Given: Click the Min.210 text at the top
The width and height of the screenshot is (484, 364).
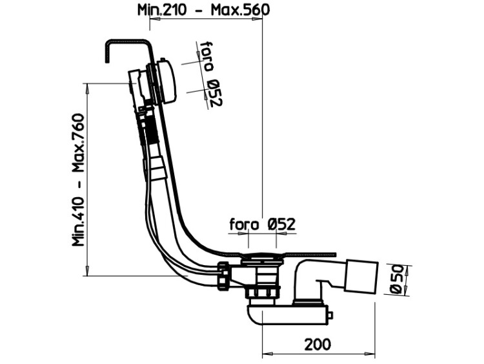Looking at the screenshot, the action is point(162,10).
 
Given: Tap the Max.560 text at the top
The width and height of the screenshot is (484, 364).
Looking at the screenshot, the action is point(240,10).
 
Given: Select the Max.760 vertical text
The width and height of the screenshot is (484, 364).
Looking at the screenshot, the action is point(78,143).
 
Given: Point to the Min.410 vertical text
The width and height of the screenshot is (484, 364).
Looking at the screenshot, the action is point(78,222).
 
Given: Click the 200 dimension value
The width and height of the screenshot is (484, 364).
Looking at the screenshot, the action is point(318,344).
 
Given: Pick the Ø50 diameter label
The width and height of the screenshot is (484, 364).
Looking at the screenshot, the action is point(397,279).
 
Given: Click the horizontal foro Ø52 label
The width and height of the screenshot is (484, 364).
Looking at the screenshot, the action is point(263,224).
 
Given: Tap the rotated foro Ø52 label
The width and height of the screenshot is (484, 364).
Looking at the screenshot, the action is point(211,74).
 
